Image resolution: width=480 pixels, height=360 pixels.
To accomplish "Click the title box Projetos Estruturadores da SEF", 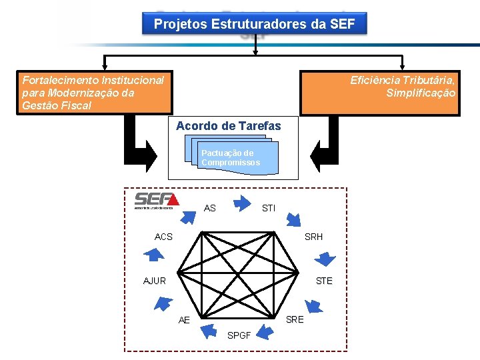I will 255,24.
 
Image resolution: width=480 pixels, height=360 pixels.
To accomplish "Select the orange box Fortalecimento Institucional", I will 97,93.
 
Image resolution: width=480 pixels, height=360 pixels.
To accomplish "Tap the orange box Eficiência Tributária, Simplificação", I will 380,93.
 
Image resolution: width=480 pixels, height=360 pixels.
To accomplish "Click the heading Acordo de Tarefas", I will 229,126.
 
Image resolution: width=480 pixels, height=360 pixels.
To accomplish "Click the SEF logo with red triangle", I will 157,200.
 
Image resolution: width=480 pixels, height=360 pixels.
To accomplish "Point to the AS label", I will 210,209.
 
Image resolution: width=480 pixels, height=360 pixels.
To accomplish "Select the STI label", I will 269,209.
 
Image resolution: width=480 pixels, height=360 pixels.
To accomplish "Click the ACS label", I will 163,237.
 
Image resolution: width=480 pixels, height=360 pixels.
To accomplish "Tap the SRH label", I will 314,237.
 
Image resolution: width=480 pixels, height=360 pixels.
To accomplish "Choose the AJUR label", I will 155,281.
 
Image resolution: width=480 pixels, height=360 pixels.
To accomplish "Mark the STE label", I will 324,281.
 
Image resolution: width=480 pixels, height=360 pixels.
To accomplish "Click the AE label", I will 185,320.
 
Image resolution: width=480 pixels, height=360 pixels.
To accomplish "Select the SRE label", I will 295,319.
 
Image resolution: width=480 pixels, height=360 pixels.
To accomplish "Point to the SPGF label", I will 239,335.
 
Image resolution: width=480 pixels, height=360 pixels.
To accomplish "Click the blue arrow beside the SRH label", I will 326,258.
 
